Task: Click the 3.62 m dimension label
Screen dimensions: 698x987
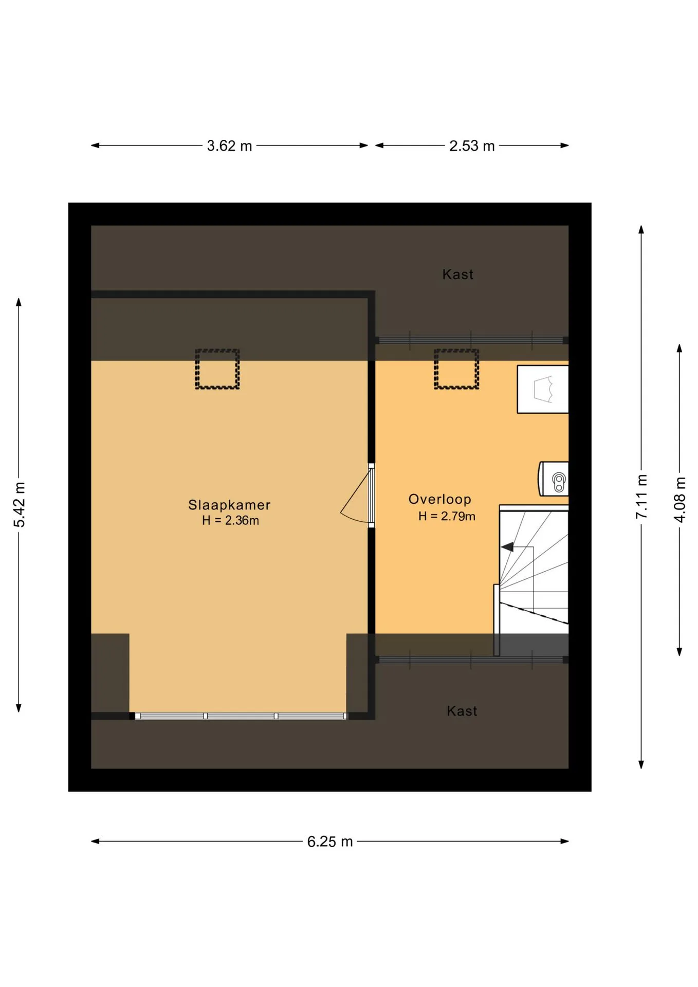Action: click(x=229, y=146)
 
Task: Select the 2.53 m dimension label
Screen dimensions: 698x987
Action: click(x=472, y=146)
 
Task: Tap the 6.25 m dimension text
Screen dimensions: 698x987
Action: click(x=330, y=842)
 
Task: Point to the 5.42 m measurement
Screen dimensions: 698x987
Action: click(x=20, y=505)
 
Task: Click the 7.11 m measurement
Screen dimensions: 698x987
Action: click(x=642, y=497)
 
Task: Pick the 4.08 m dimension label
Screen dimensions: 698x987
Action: click(x=680, y=500)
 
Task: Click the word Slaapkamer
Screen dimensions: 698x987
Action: click(x=229, y=505)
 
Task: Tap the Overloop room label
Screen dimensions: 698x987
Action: click(x=440, y=499)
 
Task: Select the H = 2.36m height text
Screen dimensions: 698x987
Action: click(x=230, y=520)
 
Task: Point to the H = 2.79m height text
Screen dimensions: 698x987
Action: click(x=447, y=516)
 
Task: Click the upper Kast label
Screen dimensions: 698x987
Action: click(x=458, y=275)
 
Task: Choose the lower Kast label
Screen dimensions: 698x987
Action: click(x=462, y=711)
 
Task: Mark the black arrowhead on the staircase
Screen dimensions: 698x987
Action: click(x=507, y=547)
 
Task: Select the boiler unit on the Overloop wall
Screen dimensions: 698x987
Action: click(x=554, y=479)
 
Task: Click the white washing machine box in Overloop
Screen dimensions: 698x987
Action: click(x=543, y=389)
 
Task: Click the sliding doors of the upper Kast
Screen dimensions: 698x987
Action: click(x=471, y=340)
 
